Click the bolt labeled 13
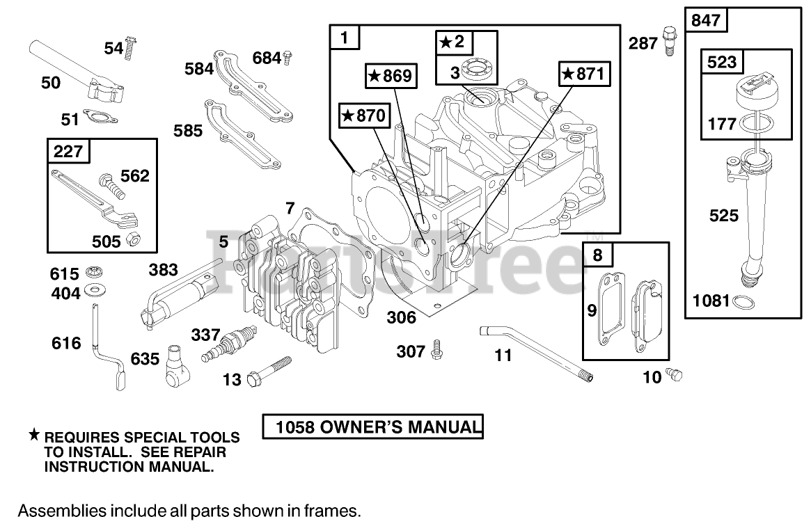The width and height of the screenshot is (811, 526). click(x=267, y=371)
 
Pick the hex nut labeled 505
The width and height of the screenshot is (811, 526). click(x=132, y=240)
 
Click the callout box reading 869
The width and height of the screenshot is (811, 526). click(x=390, y=76)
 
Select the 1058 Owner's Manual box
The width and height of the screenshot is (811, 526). click(x=372, y=427)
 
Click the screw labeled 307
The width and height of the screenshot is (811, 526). click(x=438, y=349)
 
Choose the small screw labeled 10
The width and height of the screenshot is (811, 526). click(x=674, y=374)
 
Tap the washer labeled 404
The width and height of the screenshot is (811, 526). click(x=91, y=289)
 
